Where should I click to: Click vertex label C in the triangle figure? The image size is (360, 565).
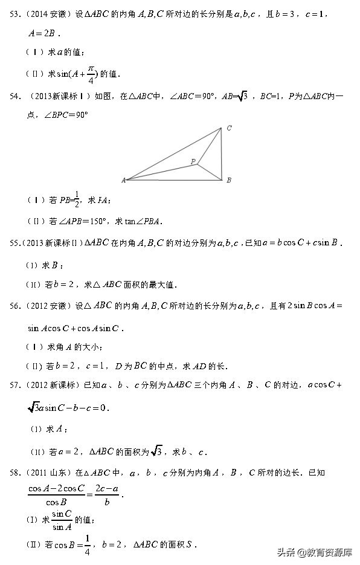coord(229,128)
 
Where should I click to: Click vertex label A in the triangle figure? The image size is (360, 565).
coord(123,180)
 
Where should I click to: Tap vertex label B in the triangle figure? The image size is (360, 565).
coord(228,180)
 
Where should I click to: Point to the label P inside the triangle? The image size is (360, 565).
coord(193,161)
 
